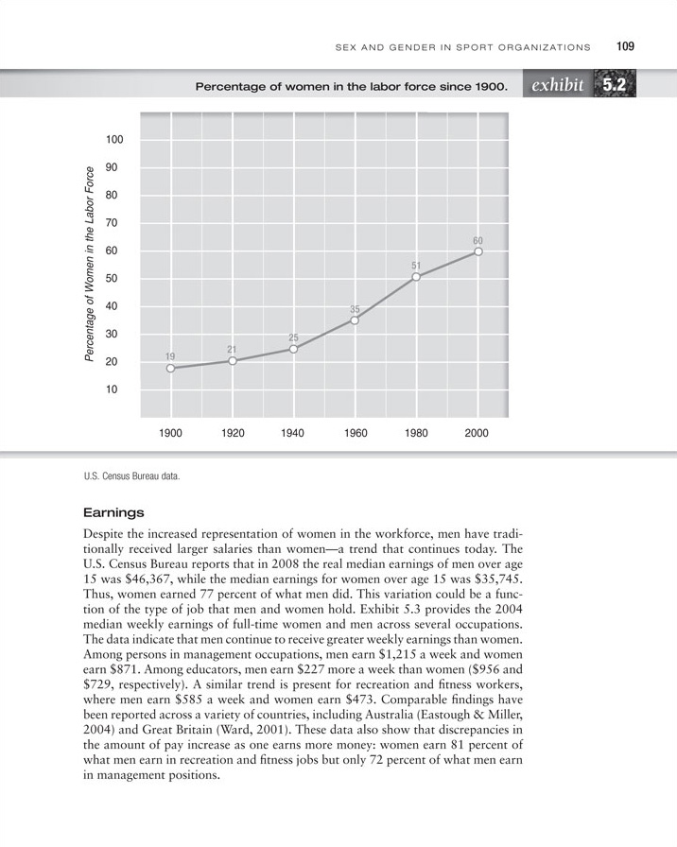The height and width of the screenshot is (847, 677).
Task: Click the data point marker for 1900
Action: pos(170,369)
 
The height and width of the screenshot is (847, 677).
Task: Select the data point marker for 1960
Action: pos(355,320)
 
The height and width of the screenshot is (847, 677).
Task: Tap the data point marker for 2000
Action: pos(478,251)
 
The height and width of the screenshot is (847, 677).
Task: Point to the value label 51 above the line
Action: pos(416,266)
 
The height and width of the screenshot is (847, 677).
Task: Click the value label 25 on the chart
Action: pos(294,337)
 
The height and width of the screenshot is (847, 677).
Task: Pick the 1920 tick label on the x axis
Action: pos(232,434)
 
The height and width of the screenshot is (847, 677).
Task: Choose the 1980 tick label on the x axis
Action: pos(416,434)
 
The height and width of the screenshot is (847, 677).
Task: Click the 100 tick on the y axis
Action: pos(114,140)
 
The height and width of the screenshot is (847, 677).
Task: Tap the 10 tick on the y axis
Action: pos(117,389)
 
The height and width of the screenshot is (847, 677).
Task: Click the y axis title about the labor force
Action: pos(90,264)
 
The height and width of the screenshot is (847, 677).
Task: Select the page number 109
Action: pos(624,45)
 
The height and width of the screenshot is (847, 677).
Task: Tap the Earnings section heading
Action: pos(113,513)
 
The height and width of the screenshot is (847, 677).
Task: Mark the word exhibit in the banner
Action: pos(557,87)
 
